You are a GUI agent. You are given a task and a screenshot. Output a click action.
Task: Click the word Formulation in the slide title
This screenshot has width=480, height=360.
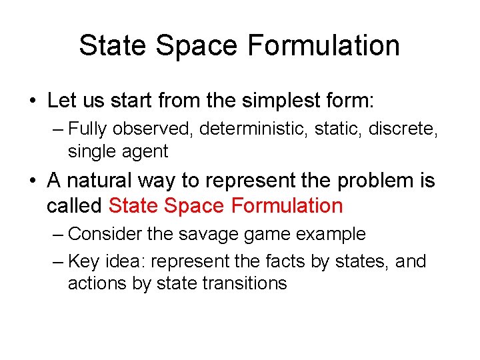pyautogui.click(x=323, y=46)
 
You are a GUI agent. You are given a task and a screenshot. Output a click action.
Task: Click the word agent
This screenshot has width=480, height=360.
pyautogui.click(x=145, y=151)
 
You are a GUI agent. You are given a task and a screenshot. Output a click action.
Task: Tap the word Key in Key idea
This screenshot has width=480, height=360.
pyautogui.click(x=83, y=261)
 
